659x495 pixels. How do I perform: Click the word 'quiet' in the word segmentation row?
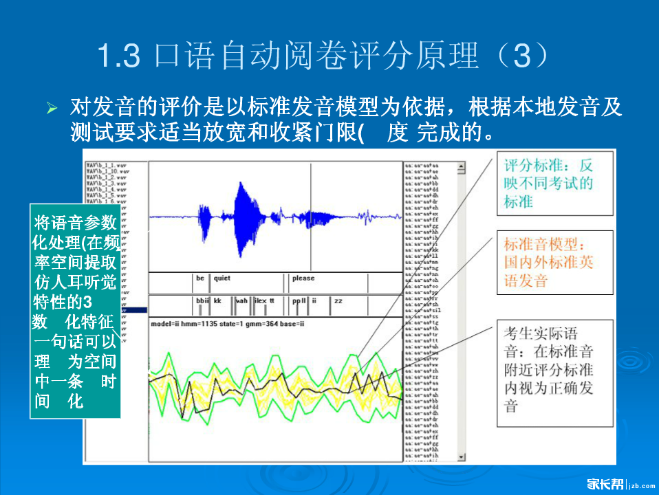222,278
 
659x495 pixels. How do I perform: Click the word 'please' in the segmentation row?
303,278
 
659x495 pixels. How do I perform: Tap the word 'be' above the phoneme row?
200,278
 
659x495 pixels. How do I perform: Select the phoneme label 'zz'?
338,301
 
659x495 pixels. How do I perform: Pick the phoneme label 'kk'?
217,301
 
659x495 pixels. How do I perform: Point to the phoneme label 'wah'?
241,301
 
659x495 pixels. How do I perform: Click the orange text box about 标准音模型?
554,262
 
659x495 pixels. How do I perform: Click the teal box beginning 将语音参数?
76,311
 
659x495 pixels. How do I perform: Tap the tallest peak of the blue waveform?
241,184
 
